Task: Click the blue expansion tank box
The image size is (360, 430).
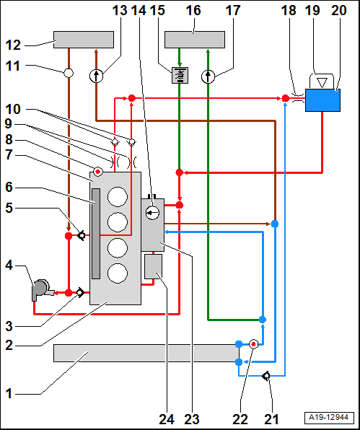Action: tap(322, 100)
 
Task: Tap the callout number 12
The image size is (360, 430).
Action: tap(13, 45)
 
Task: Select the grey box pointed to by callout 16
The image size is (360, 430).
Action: tap(195, 40)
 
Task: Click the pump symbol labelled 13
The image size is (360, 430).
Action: tap(96, 76)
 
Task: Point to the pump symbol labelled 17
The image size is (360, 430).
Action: tap(208, 76)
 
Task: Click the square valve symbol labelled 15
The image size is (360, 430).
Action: tap(180, 76)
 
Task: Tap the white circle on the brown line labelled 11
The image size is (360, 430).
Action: tap(69, 73)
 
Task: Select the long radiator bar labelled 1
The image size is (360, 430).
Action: tap(146, 354)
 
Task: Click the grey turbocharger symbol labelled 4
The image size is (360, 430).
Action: tap(41, 290)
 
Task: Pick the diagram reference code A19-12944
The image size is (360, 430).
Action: tap(328, 418)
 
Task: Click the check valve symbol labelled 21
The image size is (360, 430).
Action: tap(266, 376)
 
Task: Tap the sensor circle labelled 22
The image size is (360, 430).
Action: tap(253, 344)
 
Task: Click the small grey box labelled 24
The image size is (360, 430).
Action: tap(153, 266)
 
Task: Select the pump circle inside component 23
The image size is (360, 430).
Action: tap(152, 213)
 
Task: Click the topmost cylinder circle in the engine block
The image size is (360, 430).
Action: tap(118, 197)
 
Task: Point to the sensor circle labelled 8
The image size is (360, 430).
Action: tap(97, 172)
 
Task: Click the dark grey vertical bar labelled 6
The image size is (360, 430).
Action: tap(96, 234)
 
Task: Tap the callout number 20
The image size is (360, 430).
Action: tap(339, 11)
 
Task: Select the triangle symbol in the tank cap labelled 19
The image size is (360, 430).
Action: tap(322, 82)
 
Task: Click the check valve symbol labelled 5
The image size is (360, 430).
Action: tap(82, 236)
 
